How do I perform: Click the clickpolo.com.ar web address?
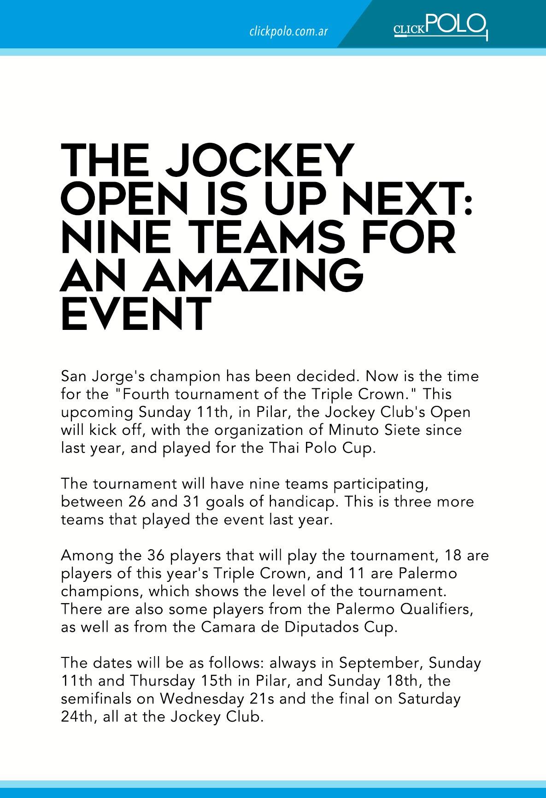(x=288, y=31)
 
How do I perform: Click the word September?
(x=381, y=663)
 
